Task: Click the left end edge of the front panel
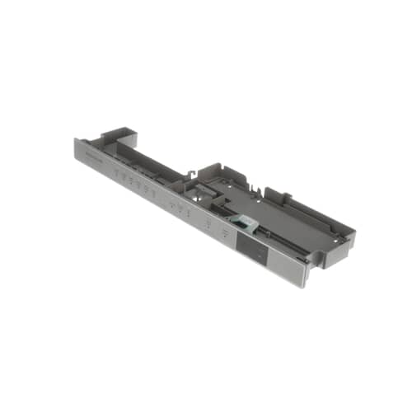[76, 151]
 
